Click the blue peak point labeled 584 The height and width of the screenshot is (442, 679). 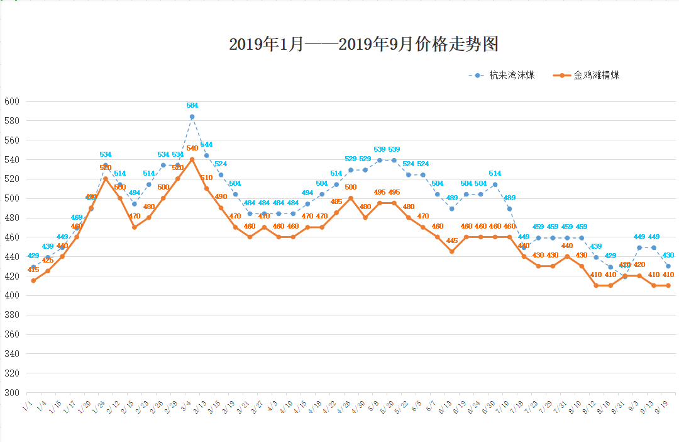pyautogui.click(x=192, y=116)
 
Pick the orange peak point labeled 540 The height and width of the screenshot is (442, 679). pyautogui.click(x=192, y=159)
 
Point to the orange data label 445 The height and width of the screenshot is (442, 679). pyautogui.click(x=452, y=241)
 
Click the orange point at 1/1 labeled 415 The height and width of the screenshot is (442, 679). pyautogui.click(x=33, y=280)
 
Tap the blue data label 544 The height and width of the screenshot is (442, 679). pyautogui.click(x=206, y=145)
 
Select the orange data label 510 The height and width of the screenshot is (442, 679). pyautogui.click(x=206, y=178)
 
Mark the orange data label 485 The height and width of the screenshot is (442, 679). pyautogui.click(x=336, y=201)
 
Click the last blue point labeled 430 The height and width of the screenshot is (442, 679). pyautogui.click(x=668, y=266)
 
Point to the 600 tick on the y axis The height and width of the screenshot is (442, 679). pyautogui.click(x=12, y=101)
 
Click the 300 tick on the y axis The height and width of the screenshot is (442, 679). pyautogui.click(x=12, y=392)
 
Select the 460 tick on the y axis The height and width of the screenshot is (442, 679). pyautogui.click(x=12, y=237)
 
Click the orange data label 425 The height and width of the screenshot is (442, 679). pyautogui.click(x=48, y=260)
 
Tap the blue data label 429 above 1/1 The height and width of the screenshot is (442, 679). pyautogui.click(x=33, y=256)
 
